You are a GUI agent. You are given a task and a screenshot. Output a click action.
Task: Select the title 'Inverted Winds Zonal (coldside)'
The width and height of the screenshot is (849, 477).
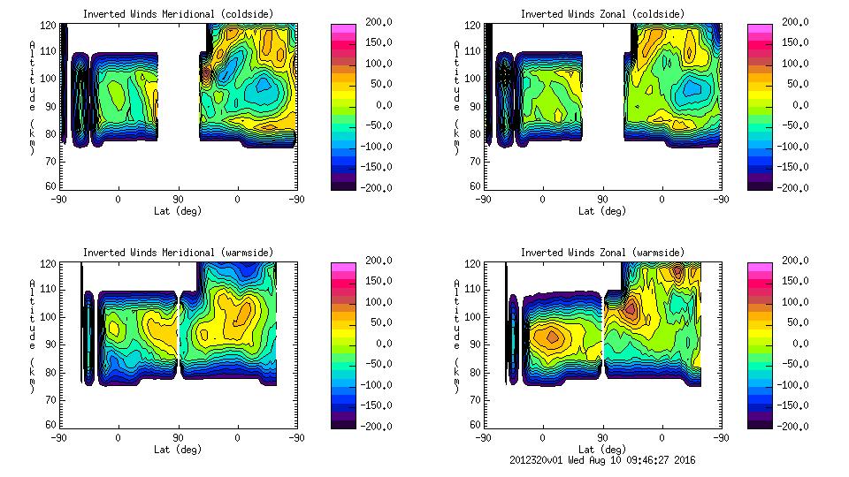pos(602,14)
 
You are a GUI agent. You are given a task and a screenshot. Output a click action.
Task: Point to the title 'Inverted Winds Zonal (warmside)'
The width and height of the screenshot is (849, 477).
pos(602,254)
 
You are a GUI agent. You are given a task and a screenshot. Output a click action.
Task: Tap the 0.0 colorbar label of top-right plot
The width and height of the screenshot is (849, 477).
pos(799,104)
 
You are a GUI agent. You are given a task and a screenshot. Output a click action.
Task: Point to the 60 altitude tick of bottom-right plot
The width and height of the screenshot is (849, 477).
pos(471,424)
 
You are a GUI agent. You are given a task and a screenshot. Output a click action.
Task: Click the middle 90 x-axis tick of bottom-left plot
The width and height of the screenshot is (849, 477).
pos(178,437)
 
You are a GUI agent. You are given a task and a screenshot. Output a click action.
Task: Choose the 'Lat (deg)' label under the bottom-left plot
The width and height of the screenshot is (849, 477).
pos(177,449)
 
